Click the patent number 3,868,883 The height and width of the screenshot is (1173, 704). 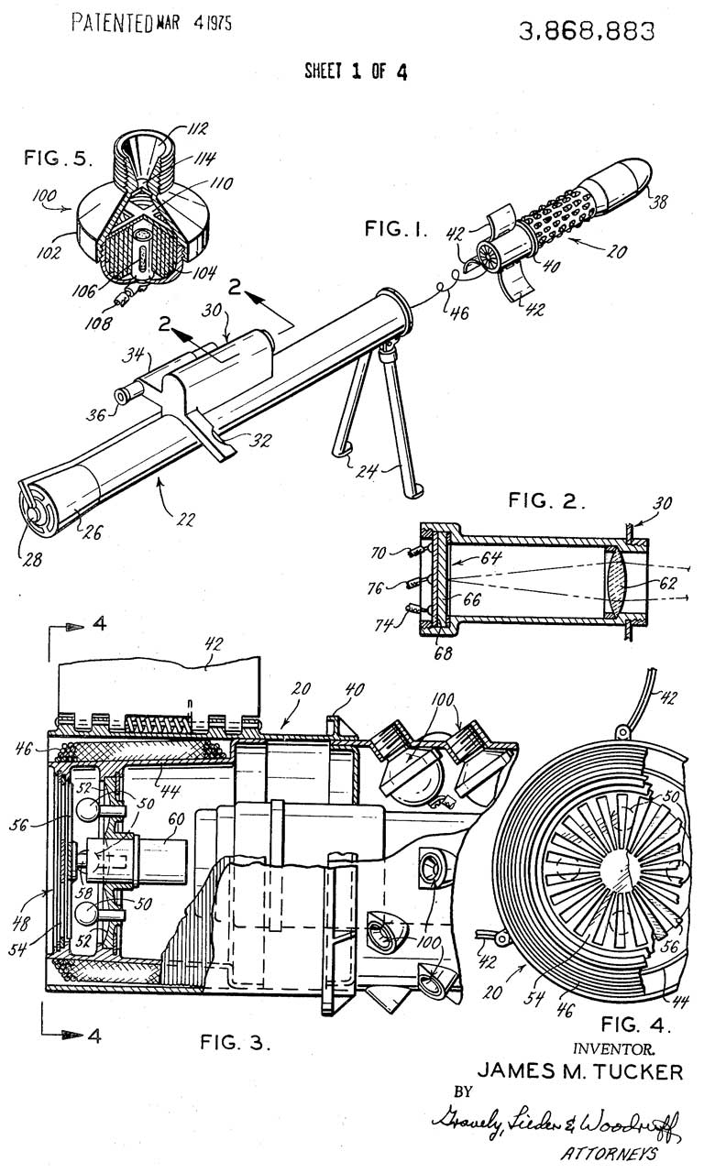click(587, 32)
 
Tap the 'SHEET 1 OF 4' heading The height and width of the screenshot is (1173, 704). click(357, 71)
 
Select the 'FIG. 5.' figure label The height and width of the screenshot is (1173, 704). click(58, 158)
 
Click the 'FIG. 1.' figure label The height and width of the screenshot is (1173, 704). click(396, 229)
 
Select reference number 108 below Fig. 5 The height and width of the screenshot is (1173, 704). click(97, 323)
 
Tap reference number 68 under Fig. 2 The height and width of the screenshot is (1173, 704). click(443, 652)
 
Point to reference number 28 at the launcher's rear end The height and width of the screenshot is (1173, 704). click(31, 560)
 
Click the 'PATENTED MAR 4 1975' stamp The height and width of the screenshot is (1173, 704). click(151, 23)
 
